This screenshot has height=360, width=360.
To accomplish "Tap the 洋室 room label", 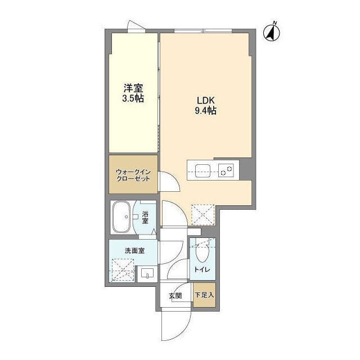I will coord(133,88).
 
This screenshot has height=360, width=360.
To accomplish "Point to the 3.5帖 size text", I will coord(133,99).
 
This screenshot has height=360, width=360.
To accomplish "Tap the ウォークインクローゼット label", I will coord(133,174).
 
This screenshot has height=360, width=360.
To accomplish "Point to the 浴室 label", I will coord(145,218).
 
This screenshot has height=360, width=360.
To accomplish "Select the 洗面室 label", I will coord(134,250).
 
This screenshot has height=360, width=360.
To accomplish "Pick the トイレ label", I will coord(202,270).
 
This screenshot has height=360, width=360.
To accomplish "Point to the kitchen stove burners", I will coord(227,169).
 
